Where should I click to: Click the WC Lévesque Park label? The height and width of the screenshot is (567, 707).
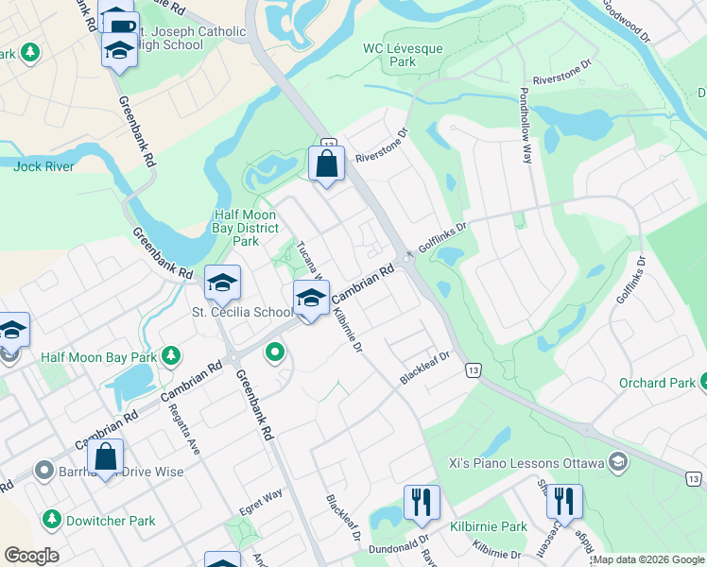[x=389, y=55]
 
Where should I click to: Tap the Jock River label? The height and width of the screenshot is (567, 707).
[x=44, y=166]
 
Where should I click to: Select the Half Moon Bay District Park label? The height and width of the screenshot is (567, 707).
[x=246, y=228]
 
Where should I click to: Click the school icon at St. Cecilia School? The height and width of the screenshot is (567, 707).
[x=222, y=283]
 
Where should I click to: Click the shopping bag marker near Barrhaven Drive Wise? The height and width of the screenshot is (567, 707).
[x=105, y=457]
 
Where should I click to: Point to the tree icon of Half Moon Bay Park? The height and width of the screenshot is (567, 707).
[x=171, y=356]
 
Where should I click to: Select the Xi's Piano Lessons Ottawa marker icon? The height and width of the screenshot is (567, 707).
[x=618, y=461]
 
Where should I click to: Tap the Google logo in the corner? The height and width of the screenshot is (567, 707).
[x=31, y=556]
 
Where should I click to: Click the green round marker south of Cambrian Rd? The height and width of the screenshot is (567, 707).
[x=275, y=353]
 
